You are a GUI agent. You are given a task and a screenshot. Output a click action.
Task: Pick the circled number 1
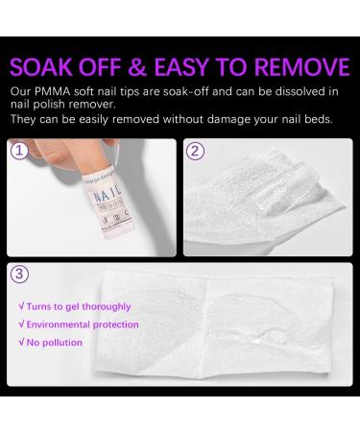tap(19, 150)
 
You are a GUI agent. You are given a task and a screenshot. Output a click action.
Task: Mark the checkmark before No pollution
tap(22, 342)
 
